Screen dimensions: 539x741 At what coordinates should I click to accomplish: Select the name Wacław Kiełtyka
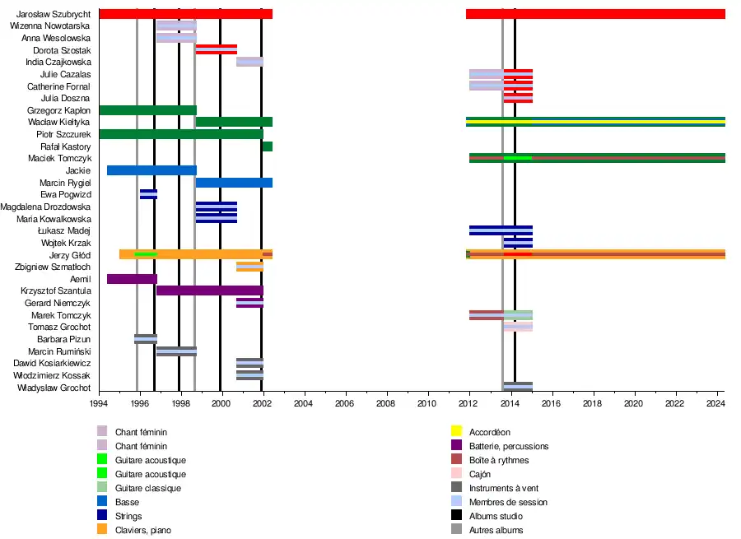pyautogui.click(x=59, y=122)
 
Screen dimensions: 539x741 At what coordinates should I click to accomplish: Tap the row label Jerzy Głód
pyautogui.click(x=70, y=255)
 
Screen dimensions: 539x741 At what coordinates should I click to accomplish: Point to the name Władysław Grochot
pyautogui.click(x=57, y=387)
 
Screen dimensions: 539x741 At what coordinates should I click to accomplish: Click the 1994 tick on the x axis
pyautogui.click(x=99, y=403)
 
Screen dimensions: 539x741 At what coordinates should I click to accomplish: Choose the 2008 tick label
pyautogui.click(x=386, y=403)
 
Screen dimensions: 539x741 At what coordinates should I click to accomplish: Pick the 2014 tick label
pyautogui.click(x=510, y=403)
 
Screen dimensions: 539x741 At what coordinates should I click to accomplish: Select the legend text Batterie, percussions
pyautogui.click(x=509, y=446)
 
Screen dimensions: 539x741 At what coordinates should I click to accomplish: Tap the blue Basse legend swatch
pyautogui.click(x=102, y=501)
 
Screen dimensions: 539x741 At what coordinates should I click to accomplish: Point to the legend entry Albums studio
pyautogui.click(x=495, y=516)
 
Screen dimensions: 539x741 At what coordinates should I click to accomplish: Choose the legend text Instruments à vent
pyautogui.click(x=504, y=488)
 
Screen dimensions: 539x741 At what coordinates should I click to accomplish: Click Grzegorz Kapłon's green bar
pyautogui.click(x=147, y=110)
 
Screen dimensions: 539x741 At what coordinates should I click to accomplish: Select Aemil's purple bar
pyautogui.click(x=132, y=279)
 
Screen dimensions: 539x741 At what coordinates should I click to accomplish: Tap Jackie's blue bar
pyautogui.click(x=151, y=170)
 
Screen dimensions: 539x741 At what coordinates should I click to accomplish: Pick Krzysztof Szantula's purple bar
pyautogui.click(x=210, y=290)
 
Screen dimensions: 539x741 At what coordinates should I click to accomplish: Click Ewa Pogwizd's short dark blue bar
pyautogui.click(x=148, y=194)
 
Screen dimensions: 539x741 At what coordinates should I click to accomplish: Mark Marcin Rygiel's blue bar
pyautogui.click(x=234, y=183)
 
